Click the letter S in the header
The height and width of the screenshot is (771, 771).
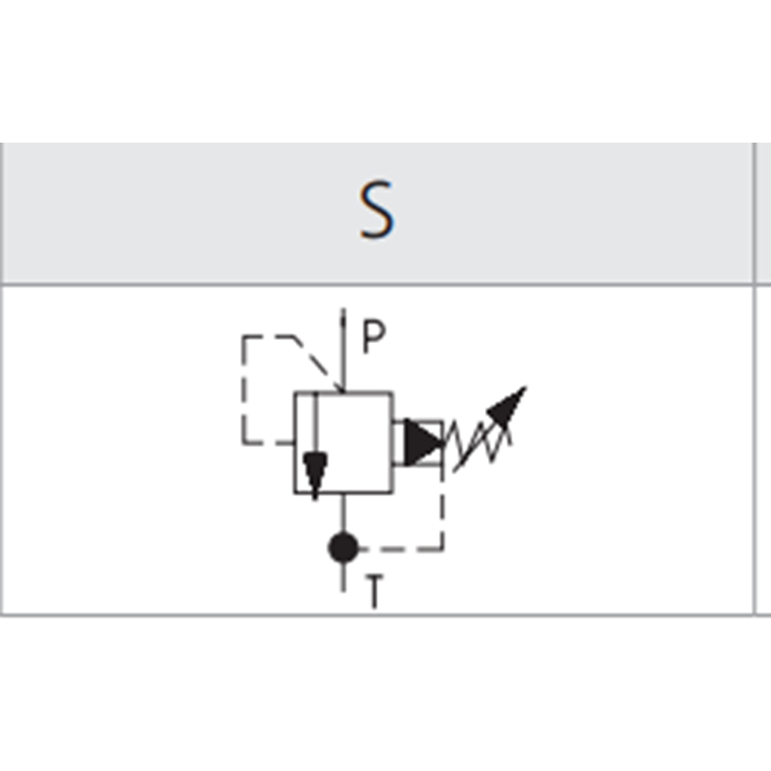coord(377,210)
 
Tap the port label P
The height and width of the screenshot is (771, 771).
coord(373,338)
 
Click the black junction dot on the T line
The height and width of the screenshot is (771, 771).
coord(343,548)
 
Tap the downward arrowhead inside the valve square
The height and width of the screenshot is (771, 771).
coord(315,471)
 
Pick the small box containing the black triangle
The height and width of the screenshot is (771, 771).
coord(419,443)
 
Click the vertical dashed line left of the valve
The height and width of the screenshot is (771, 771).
coord(244,389)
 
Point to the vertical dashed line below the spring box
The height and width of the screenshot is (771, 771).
coord(443,505)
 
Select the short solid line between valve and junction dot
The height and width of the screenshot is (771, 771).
coord(343,513)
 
